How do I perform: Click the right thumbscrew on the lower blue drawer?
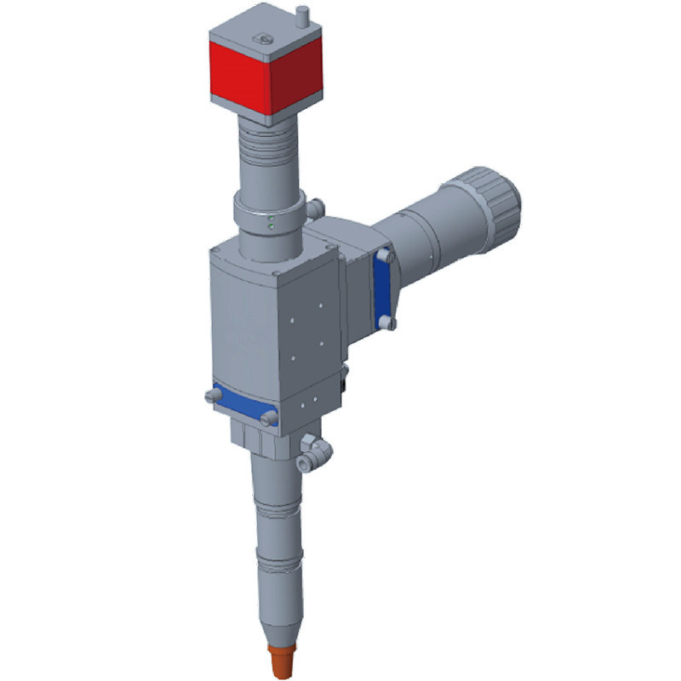(x=269, y=417)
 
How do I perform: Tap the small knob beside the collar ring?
(x=317, y=206)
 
